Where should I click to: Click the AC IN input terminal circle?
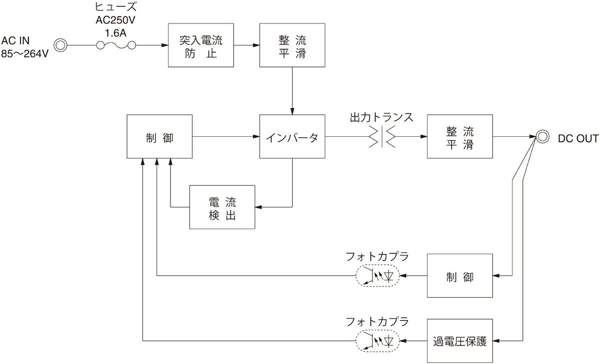tap(60, 45)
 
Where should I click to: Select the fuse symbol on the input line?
tap(116, 45)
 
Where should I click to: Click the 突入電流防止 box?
tap(200, 45)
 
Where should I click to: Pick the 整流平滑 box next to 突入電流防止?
tap(292, 45)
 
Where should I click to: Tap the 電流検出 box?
tap(222, 207)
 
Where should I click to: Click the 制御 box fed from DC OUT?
tap(460, 276)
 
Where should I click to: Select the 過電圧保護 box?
tap(460, 341)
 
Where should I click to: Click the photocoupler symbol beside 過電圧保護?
tap(377, 341)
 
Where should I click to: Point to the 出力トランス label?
tap(382, 118)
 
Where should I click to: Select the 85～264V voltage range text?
tap(25, 53)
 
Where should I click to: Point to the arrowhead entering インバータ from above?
tap(292, 111)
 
